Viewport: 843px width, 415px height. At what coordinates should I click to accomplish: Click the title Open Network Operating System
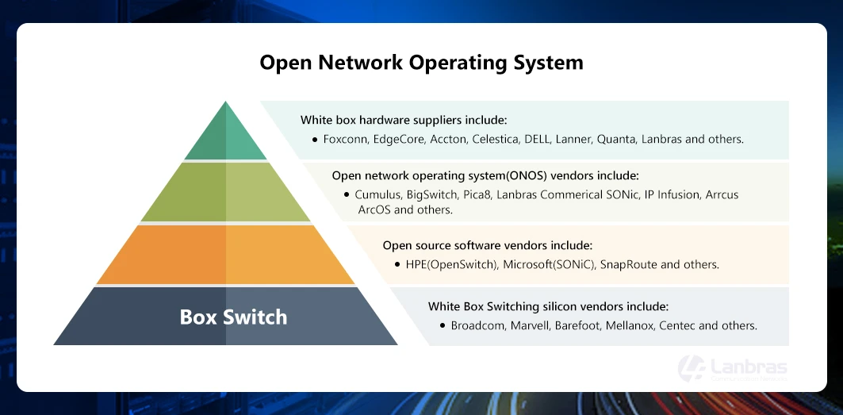[x=421, y=63]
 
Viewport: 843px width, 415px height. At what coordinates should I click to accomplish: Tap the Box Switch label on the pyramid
[x=233, y=317]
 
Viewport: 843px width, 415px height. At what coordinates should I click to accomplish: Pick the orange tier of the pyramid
[x=226, y=255]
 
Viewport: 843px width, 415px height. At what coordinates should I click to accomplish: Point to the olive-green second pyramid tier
[x=226, y=193]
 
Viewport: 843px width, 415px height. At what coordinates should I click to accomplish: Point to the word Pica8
[x=473, y=194]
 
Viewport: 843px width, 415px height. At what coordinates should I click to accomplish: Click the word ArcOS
[x=374, y=209]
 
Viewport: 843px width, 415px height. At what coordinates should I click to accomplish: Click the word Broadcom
[x=477, y=325]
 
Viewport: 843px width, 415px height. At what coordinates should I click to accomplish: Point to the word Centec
[x=677, y=325]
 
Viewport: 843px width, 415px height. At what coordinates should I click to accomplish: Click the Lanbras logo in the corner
[x=732, y=369]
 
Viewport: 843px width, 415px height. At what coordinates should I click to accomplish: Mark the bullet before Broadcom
[x=443, y=325]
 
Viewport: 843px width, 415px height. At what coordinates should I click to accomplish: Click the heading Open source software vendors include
[x=487, y=246]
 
